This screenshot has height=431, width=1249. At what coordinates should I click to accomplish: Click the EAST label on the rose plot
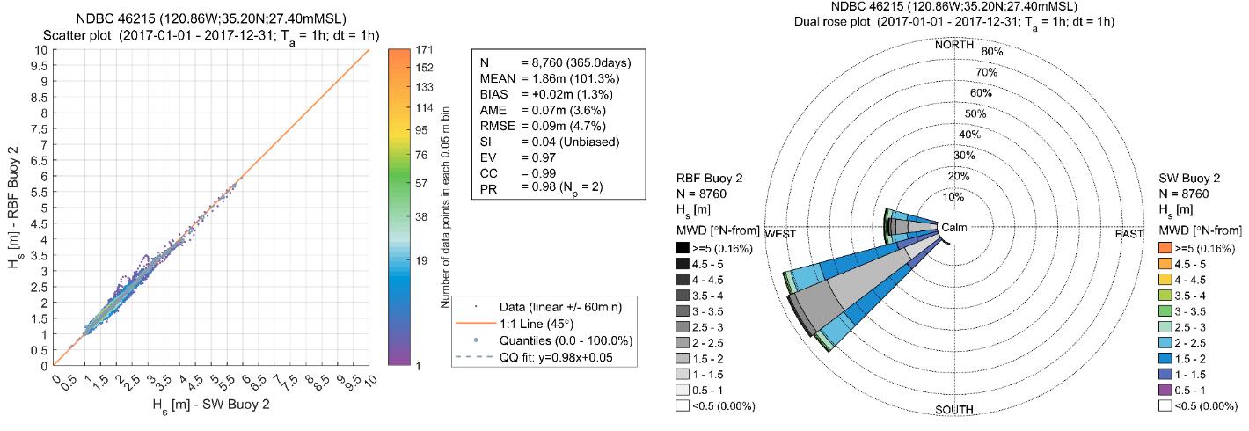[x=1129, y=234]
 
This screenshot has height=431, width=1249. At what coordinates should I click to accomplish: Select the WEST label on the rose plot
[x=780, y=234]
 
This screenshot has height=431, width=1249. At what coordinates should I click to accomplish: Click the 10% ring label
[x=953, y=196]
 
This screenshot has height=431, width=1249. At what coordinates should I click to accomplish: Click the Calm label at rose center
[x=954, y=229]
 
